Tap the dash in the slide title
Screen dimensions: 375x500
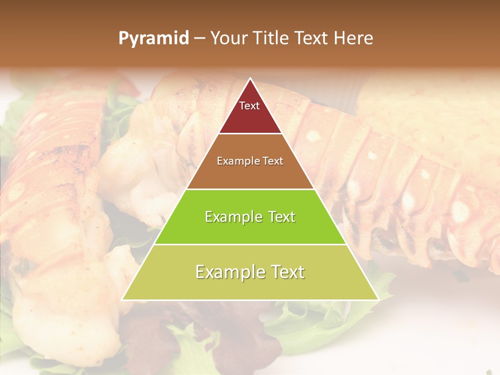pos(199,39)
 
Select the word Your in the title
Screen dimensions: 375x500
pos(228,39)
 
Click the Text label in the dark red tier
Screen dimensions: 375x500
pos(249,106)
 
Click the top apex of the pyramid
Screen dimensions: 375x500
pos(251,79)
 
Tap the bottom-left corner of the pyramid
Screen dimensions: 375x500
pos(122,299)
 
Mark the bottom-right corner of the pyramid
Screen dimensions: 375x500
pos(378,299)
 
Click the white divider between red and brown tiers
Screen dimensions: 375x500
pos(251,134)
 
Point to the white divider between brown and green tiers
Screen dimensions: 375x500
pos(251,189)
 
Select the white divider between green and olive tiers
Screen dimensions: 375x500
pos(251,244)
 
